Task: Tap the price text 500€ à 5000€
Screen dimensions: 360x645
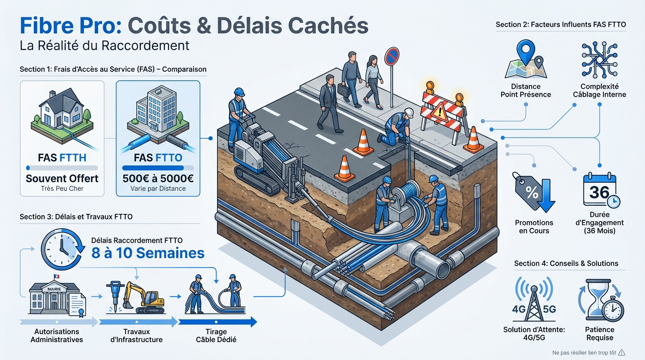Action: pos(158,178)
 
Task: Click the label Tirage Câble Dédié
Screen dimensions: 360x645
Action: pos(216,335)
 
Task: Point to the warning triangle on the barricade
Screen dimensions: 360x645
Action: pos(440,111)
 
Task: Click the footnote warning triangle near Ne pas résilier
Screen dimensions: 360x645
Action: pos(622,352)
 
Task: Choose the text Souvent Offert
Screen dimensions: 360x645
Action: pos(62,179)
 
